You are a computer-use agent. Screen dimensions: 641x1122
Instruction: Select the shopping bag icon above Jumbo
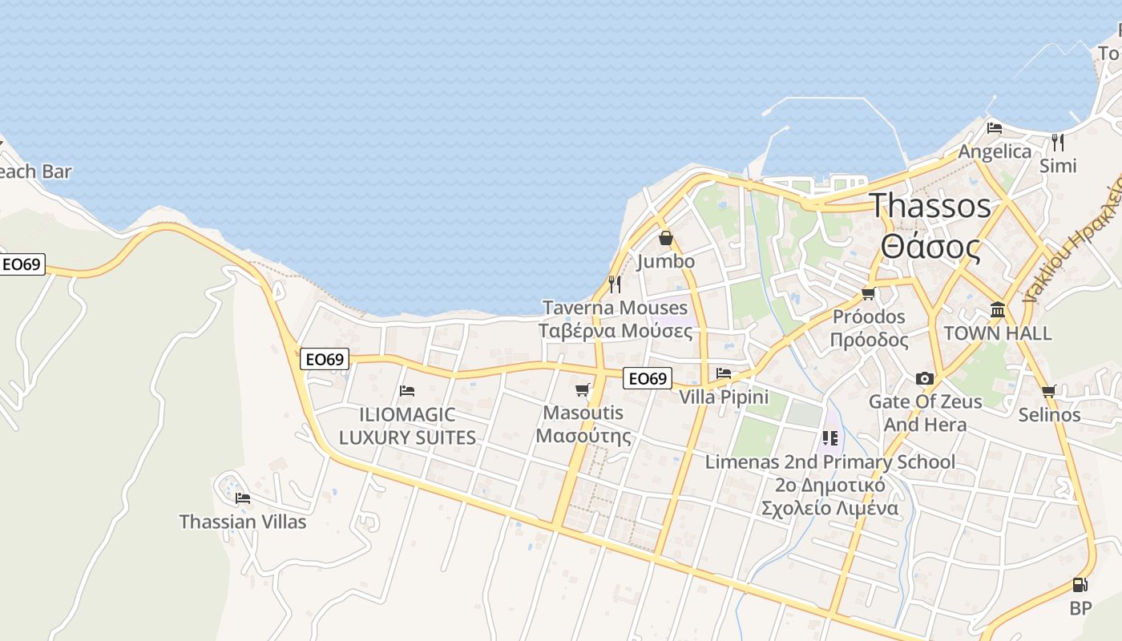click(665, 238)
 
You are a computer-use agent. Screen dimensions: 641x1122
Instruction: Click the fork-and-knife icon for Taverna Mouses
click(615, 284)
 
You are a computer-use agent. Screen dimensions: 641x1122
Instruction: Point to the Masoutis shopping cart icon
click(583, 390)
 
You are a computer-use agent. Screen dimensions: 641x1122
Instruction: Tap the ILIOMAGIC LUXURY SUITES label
click(407, 426)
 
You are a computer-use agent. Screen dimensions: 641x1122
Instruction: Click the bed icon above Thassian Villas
click(243, 498)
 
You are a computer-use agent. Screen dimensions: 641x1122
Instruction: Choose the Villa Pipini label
click(724, 397)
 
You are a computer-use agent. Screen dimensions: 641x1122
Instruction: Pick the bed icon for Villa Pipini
click(724, 373)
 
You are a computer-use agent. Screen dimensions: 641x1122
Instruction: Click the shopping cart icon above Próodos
click(868, 294)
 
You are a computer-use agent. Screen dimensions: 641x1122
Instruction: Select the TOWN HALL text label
click(997, 333)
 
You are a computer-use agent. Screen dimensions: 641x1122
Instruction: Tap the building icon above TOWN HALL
click(998, 309)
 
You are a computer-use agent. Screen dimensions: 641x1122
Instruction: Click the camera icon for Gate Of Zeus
click(925, 378)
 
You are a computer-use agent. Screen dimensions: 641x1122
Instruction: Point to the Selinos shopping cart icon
click(1048, 392)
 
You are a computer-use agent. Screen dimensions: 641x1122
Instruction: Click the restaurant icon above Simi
click(1058, 143)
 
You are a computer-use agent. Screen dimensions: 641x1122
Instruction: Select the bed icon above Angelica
click(995, 128)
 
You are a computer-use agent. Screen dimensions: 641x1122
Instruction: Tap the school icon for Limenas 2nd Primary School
click(829, 438)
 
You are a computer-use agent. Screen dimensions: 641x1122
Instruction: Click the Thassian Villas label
click(243, 522)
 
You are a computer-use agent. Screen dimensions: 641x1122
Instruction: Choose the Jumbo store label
click(665, 261)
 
